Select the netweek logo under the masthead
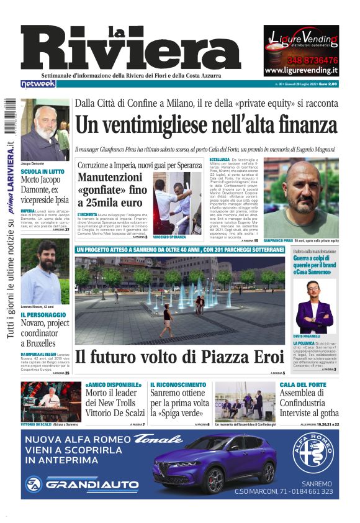[x=38, y=83]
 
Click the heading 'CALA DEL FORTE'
[x=302, y=385]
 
